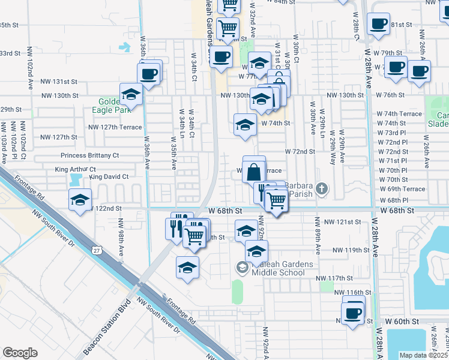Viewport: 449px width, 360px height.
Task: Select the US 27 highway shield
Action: point(97,249)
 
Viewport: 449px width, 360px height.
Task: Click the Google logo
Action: point(20,353)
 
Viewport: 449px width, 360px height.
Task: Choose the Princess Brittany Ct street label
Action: point(90,155)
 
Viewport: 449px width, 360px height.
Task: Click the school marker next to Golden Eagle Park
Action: point(131,94)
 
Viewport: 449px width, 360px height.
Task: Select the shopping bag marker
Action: point(253,170)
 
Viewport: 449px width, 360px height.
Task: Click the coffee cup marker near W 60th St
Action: point(352,313)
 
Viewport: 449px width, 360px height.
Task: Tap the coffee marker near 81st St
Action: point(378,24)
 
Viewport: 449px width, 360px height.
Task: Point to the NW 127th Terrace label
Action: point(115,127)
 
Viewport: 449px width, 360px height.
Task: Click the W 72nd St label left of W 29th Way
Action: point(300,152)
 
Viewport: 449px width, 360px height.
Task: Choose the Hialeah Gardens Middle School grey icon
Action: point(243,268)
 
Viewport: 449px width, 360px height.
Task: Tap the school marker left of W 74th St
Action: point(244,125)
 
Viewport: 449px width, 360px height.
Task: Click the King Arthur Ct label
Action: point(71,170)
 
